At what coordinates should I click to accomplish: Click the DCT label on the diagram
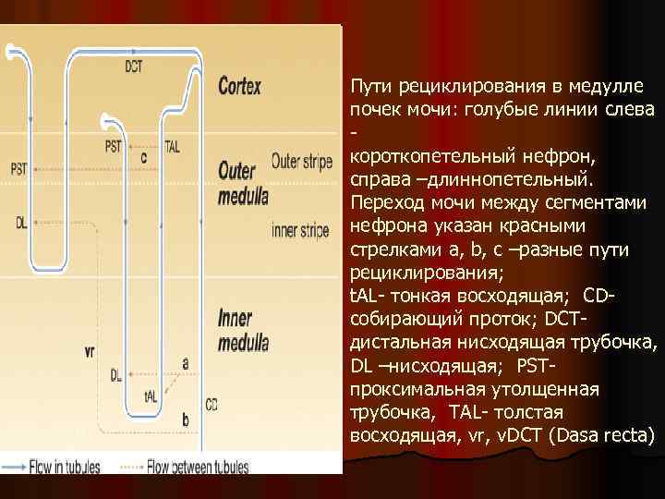pos(134,66)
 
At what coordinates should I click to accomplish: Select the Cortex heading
pos(239,87)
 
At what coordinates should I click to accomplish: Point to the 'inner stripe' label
pos(300,230)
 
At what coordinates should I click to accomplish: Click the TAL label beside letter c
pos(172,146)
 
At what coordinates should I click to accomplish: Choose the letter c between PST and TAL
pos(143,157)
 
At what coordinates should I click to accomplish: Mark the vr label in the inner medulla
pos(90,351)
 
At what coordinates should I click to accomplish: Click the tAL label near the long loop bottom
pos(151,396)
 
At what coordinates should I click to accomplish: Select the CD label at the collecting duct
pos(212,404)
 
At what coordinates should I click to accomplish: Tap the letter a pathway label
pos(186,363)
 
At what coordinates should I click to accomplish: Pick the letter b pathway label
pos(185,420)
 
